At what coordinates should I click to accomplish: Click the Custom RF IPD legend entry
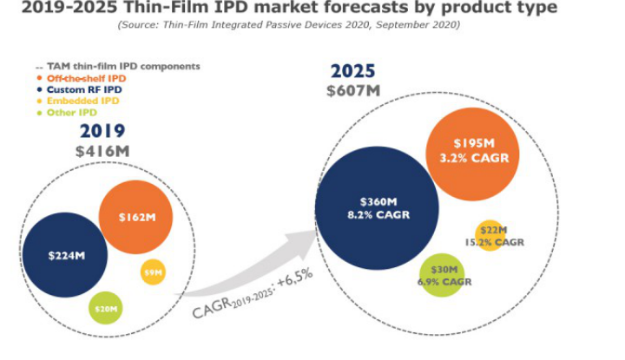(x=79, y=89)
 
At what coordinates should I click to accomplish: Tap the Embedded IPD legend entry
(x=77, y=101)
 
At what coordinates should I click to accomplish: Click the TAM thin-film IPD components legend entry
(x=118, y=67)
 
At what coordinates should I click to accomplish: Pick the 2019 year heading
(x=102, y=131)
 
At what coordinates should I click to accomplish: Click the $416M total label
(x=102, y=151)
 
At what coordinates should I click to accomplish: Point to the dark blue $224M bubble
(x=65, y=255)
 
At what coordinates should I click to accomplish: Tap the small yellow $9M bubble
(x=153, y=272)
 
